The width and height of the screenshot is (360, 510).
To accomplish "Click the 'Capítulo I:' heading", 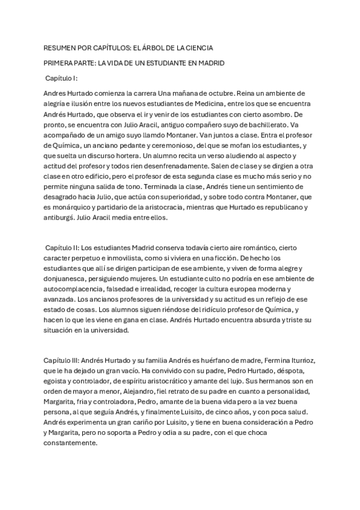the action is coord(62,78).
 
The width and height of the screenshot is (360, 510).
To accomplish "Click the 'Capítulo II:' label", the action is coord(62,248).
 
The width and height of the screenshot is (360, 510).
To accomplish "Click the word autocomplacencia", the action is coord(75,289).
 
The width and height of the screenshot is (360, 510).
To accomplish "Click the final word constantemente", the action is coord(70,442).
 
